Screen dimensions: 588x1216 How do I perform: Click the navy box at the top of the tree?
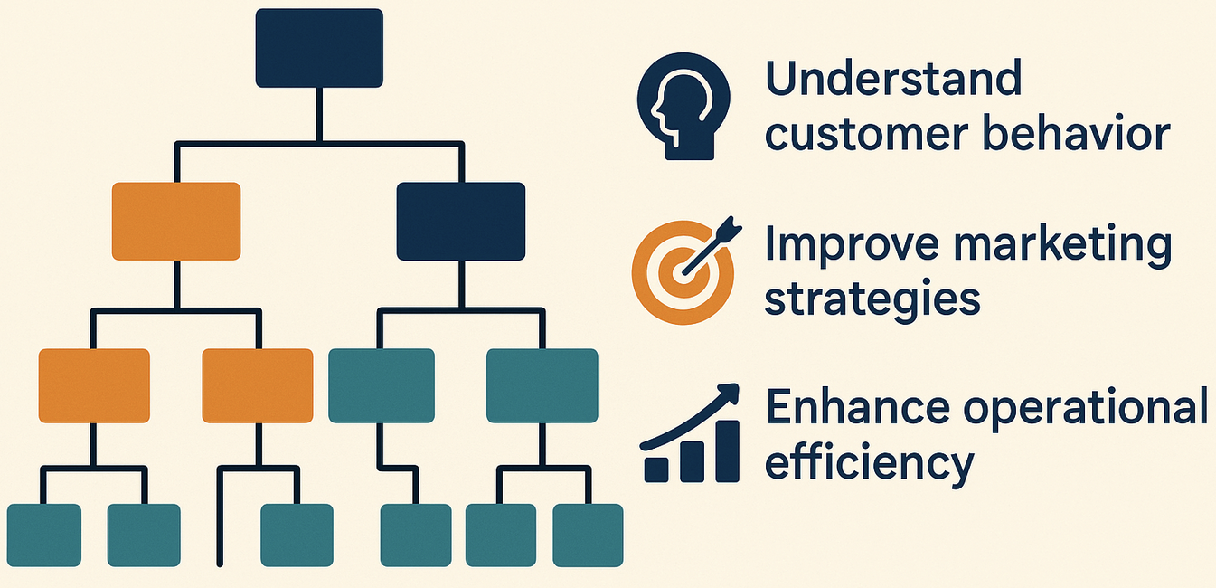pos(319,48)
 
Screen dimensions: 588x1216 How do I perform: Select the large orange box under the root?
pos(176,222)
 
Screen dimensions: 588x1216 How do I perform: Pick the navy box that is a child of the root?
pos(461,222)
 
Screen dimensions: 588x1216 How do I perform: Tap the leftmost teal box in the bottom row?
pos(44,536)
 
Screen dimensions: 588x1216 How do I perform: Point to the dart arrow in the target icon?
pos(710,246)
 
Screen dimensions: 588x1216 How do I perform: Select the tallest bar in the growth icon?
pos(728,452)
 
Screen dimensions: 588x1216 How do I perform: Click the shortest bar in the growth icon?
pos(655,468)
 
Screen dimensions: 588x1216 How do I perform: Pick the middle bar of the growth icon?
pos(691,461)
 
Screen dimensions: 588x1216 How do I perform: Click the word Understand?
pos(893,80)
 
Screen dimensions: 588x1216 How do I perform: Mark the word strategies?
pos(872,299)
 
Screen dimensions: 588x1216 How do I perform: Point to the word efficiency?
pos(869,463)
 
